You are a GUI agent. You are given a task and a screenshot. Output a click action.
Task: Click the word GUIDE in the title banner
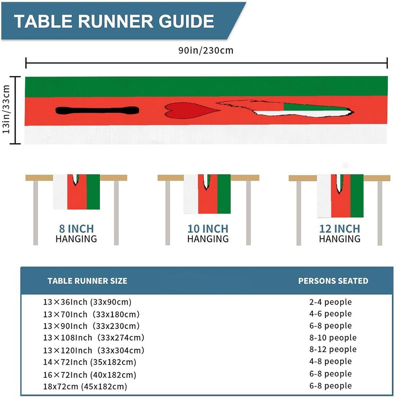[x=186, y=21]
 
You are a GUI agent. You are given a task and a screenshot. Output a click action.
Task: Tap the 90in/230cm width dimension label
[x=206, y=50]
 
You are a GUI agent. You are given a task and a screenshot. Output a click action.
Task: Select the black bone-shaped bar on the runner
[x=97, y=110]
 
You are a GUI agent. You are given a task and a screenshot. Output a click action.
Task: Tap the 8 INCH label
[x=76, y=229]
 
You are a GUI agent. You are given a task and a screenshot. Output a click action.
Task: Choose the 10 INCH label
[x=208, y=229]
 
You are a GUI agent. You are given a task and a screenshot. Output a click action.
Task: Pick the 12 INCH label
[x=340, y=229]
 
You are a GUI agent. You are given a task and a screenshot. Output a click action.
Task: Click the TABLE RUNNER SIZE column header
[x=87, y=281]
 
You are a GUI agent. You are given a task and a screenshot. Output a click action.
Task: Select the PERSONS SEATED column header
[x=333, y=281]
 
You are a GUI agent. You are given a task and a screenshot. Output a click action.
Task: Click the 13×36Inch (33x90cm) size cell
[x=87, y=302]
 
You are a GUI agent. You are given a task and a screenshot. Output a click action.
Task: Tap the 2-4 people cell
[x=330, y=302]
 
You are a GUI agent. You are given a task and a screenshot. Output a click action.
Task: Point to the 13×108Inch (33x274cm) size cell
[x=94, y=338]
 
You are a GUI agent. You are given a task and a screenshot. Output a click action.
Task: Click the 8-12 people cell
[x=333, y=349]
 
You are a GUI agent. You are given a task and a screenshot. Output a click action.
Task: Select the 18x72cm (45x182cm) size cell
[x=85, y=386]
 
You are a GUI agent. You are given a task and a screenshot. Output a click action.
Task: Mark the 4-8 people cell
[x=330, y=361]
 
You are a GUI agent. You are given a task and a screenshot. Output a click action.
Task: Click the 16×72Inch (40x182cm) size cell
[x=90, y=375]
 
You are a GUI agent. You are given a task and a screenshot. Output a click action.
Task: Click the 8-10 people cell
[x=333, y=338]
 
